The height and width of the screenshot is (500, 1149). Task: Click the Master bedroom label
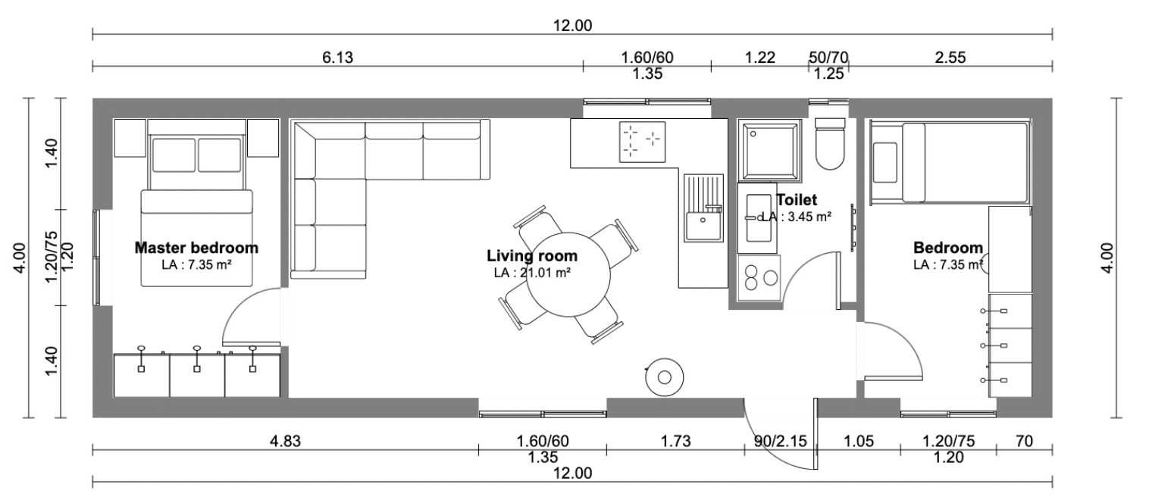pyautogui.click(x=196, y=248)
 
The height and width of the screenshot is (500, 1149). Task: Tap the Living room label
pyautogui.click(x=532, y=255)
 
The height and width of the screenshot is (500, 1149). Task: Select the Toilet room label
pyautogui.click(x=797, y=199)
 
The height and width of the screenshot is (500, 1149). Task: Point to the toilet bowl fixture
pyautogui.click(x=829, y=144)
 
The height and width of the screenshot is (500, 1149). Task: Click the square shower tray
pyautogui.click(x=769, y=151)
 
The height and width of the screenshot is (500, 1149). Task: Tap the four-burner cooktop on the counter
pyautogui.click(x=642, y=142)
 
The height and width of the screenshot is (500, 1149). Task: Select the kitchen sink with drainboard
pyautogui.click(x=703, y=208)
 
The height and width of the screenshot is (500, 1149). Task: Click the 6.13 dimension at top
pyautogui.click(x=337, y=58)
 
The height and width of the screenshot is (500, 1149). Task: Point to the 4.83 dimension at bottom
pyautogui.click(x=285, y=441)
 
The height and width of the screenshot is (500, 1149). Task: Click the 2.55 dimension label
pyautogui.click(x=950, y=58)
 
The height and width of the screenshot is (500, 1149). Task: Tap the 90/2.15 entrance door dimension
pyautogui.click(x=780, y=441)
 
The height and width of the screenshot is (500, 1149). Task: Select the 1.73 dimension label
pyautogui.click(x=675, y=441)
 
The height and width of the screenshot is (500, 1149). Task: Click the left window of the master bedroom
pyautogui.click(x=96, y=258)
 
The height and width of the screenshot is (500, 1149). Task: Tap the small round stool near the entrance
pyautogui.click(x=664, y=377)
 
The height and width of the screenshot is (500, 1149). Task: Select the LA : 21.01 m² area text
pyautogui.click(x=533, y=273)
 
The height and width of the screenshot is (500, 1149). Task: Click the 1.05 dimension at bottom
pyautogui.click(x=859, y=441)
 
